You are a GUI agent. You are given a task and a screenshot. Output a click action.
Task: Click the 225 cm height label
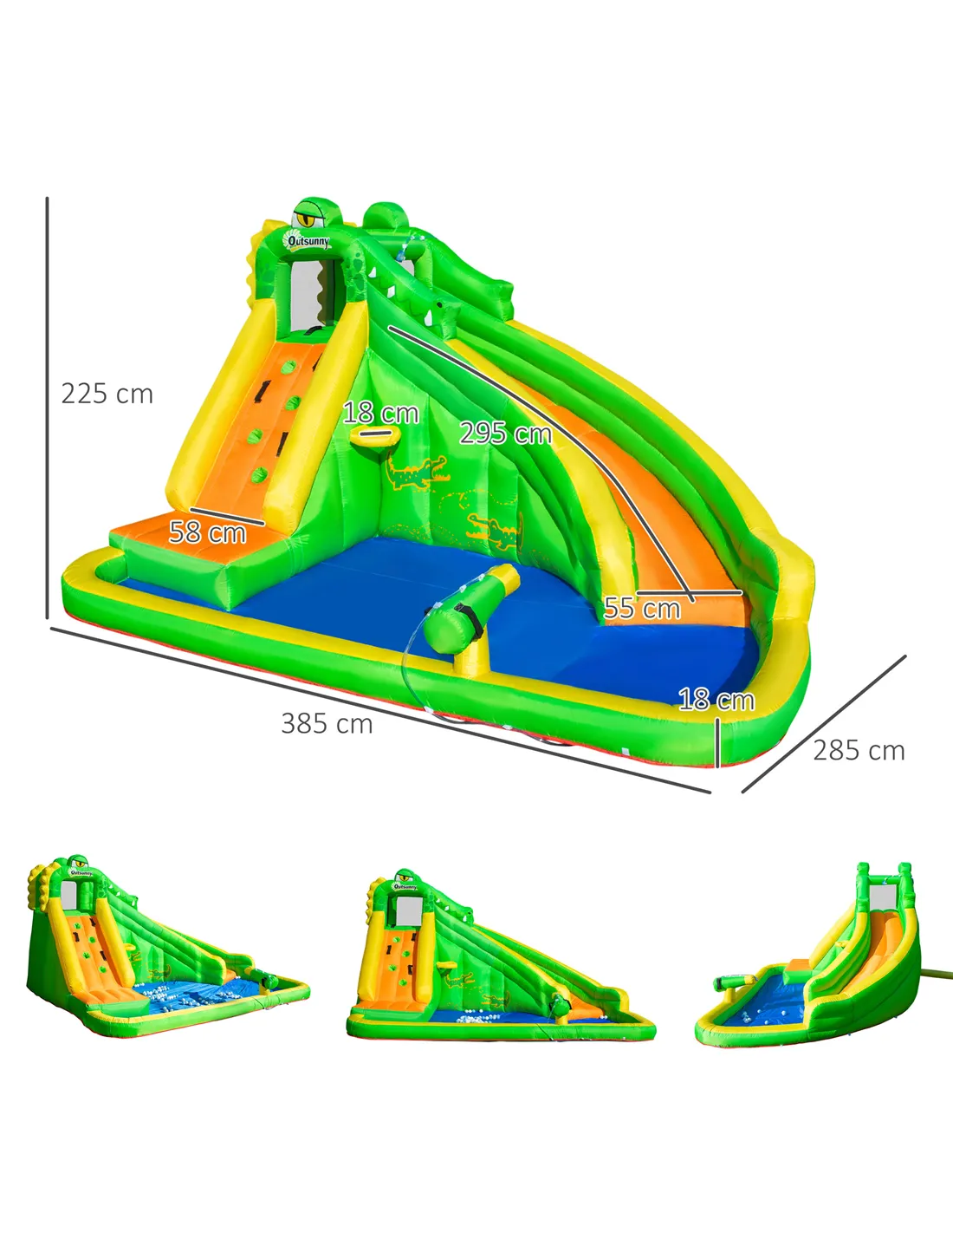click(107, 394)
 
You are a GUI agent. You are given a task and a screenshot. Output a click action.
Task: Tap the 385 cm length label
click(327, 723)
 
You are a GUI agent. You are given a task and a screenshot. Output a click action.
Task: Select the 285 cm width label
click(859, 750)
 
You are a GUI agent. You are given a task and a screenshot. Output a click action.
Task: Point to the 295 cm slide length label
click(506, 434)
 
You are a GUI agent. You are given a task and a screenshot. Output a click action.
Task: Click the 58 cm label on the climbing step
click(208, 532)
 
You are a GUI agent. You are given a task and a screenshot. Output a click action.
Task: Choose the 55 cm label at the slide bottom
click(642, 608)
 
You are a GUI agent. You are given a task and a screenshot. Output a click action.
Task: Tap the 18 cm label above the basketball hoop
click(381, 413)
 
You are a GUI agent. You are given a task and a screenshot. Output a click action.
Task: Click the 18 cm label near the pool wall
click(716, 700)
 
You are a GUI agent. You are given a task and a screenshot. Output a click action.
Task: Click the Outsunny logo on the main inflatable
click(306, 240)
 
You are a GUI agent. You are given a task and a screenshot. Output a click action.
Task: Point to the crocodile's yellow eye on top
click(308, 218)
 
